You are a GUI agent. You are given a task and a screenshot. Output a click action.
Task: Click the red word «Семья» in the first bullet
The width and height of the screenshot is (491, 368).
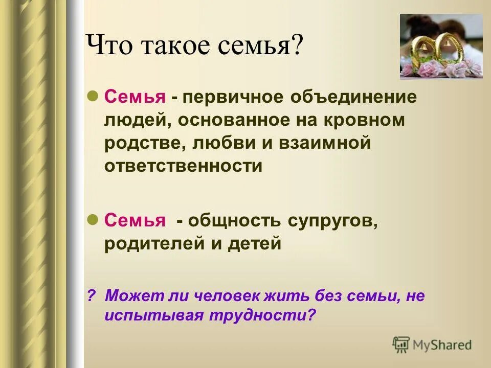pyautogui.click(x=135, y=97)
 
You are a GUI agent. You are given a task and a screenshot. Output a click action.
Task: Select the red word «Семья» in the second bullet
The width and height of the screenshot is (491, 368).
pyautogui.click(x=135, y=221)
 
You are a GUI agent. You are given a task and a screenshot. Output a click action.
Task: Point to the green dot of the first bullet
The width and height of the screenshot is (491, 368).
pyautogui.click(x=93, y=96)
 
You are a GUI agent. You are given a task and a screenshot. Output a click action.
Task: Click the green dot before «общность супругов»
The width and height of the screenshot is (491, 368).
pyautogui.click(x=93, y=220)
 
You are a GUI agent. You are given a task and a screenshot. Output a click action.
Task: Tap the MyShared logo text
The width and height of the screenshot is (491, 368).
pyautogui.click(x=442, y=345)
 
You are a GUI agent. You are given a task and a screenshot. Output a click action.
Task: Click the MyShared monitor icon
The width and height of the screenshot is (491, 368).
pyautogui.click(x=401, y=345)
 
